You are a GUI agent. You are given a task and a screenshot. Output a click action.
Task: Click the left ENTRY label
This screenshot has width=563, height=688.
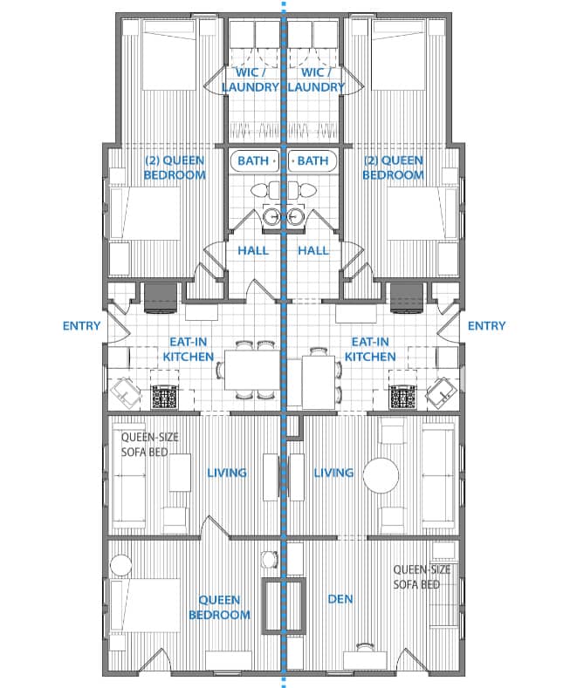coord(82,325)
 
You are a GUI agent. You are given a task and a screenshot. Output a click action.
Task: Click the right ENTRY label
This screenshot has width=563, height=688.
coord(486,325)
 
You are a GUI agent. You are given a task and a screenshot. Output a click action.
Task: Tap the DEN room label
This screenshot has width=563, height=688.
coord(340,599)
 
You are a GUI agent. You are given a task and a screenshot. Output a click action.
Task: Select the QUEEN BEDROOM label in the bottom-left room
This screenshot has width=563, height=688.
coord(220,607)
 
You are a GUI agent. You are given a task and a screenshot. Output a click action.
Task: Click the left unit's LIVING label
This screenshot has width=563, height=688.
coord(227,473)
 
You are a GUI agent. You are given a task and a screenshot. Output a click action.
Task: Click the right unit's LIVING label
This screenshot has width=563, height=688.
coord(333,473)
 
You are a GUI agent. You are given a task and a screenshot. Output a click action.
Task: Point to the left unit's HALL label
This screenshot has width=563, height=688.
coord(253,250)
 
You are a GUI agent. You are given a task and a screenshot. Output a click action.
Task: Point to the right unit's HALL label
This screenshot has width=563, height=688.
coord(313,250)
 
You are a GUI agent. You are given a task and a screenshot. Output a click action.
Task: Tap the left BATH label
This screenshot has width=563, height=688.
coord(253,161)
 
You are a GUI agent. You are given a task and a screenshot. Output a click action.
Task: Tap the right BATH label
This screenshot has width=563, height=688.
coord(312,161)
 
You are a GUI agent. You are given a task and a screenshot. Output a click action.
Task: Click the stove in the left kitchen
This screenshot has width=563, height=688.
coord(164,396)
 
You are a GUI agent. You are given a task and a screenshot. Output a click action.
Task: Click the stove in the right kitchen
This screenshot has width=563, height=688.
coord(403,396)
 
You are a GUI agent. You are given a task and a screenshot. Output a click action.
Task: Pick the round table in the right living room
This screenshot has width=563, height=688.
coord(381,475)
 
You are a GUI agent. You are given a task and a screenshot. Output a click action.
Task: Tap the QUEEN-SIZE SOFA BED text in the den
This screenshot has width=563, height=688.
coord(422,577)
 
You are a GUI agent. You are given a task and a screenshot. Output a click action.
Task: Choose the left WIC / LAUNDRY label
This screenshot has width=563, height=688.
coord(251,80)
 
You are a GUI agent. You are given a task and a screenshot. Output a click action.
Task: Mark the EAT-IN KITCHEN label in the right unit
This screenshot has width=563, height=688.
coord(370,350)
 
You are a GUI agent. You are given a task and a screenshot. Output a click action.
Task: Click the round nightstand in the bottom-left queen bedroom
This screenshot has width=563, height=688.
coord(120,565)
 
